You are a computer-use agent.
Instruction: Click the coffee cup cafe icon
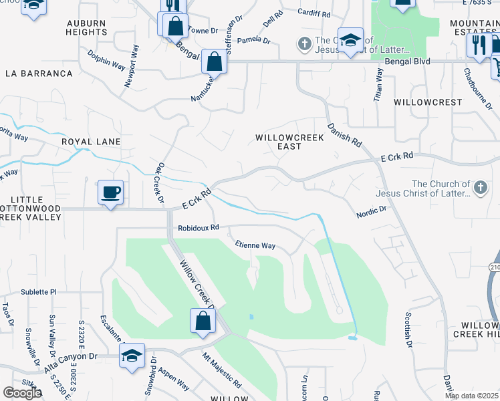[x=110, y=192]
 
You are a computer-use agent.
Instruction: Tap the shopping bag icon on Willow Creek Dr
[x=203, y=321]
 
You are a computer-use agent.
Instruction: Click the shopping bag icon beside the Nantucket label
[x=215, y=62]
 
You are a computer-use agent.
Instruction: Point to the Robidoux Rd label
[x=199, y=227]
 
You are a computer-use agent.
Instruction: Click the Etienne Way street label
[x=254, y=245]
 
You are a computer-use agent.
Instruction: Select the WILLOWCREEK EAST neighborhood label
[x=289, y=142]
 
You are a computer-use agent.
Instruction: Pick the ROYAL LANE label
[x=91, y=142]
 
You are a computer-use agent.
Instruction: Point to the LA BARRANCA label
[x=39, y=73]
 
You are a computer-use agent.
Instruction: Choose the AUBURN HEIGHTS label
[x=86, y=27]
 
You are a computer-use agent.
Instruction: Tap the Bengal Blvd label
[x=407, y=61]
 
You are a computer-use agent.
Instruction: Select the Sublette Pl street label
[x=39, y=292]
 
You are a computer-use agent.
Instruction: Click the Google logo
[x=22, y=393]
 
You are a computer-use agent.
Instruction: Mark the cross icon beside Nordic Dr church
[x=480, y=189]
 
